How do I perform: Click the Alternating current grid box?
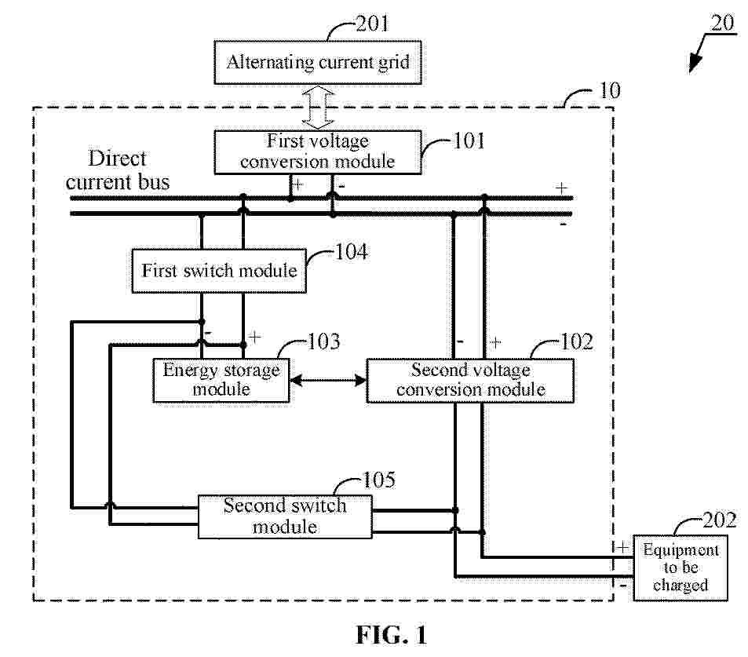(318, 62)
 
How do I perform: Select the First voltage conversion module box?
(318, 151)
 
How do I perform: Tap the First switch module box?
(219, 271)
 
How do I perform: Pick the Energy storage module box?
(221, 379)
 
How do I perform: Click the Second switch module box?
(284, 516)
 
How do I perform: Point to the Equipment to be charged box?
(680, 567)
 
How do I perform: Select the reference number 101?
(469, 141)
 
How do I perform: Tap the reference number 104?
(351, 252)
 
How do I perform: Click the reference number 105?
(382, 480)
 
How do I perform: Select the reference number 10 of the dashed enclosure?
(609, 90)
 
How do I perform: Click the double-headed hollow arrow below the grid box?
(318, 107)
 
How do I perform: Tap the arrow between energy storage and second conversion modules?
(328, 381)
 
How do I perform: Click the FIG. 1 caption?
(391, 635)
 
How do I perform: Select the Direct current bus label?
(118, 170)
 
